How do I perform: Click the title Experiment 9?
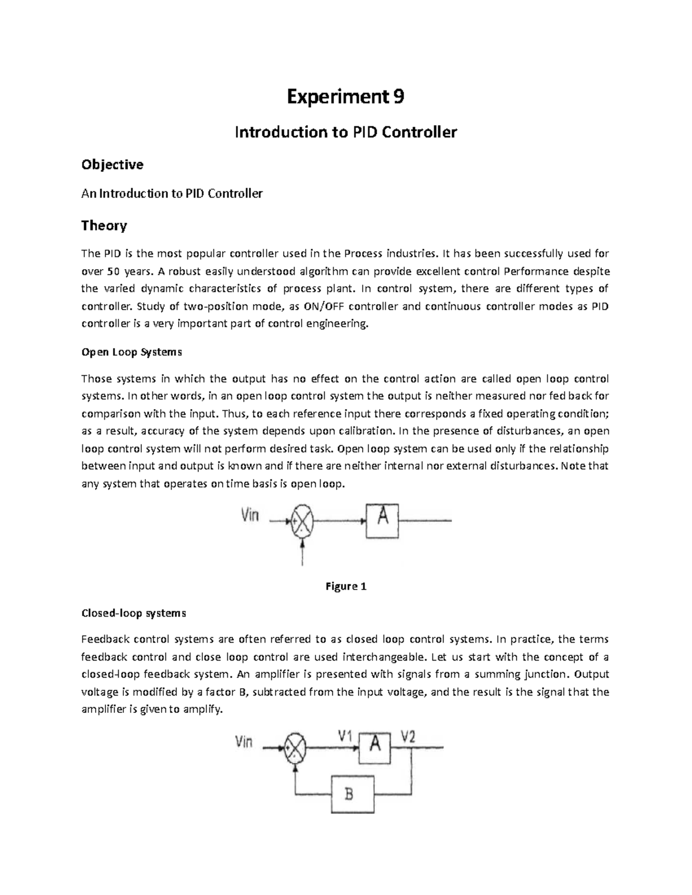(x=345, y=97)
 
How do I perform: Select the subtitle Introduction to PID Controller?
(x=345, y=133)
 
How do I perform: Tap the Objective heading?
(x=112, y=165)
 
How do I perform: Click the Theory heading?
(x=104, y=225)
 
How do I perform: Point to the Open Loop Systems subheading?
(x=131, y=352)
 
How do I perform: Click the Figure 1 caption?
(x=346, y=587)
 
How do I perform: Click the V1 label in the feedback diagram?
(x=345, y=736)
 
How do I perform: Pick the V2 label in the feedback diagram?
(x=408, y=736)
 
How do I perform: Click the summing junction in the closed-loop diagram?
(x=295, y=749)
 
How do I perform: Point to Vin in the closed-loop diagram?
(x=244, y=742)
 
